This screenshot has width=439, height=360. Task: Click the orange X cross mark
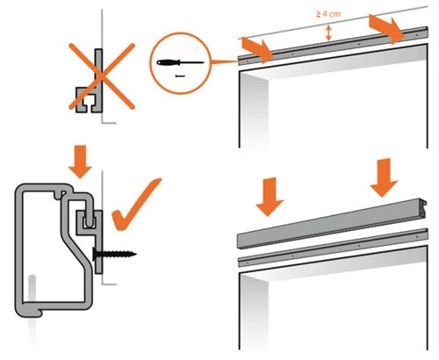tap(102, 76)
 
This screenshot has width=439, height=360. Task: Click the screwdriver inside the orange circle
tap(180, 62)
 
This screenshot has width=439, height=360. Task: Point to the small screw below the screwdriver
tap(180, 76)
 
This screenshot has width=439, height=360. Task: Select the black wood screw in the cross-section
tap(114, 254)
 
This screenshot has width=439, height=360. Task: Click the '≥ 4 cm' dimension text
tap(328, 14)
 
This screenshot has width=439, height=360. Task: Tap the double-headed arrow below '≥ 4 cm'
tap(328, 33)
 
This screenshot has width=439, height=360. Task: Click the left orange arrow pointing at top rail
tap(257, 50)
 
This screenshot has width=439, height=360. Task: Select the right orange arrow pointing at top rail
tap(387, 29)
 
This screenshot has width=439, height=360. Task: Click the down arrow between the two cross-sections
tap(80, 162)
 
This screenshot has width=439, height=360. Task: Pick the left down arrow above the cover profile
tap(270, 197)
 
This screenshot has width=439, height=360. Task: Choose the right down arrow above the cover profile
tap(384, 177)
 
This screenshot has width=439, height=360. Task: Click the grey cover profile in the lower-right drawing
tap(331, 224)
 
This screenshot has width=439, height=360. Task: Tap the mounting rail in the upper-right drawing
tap(333, 46)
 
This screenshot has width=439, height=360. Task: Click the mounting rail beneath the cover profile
tap(333, 248)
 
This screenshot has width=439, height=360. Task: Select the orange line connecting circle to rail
tap(224, 61)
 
